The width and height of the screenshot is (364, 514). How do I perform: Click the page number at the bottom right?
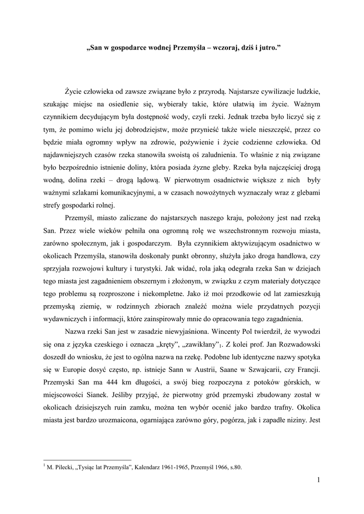318,480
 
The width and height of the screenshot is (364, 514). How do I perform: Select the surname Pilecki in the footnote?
62,467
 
